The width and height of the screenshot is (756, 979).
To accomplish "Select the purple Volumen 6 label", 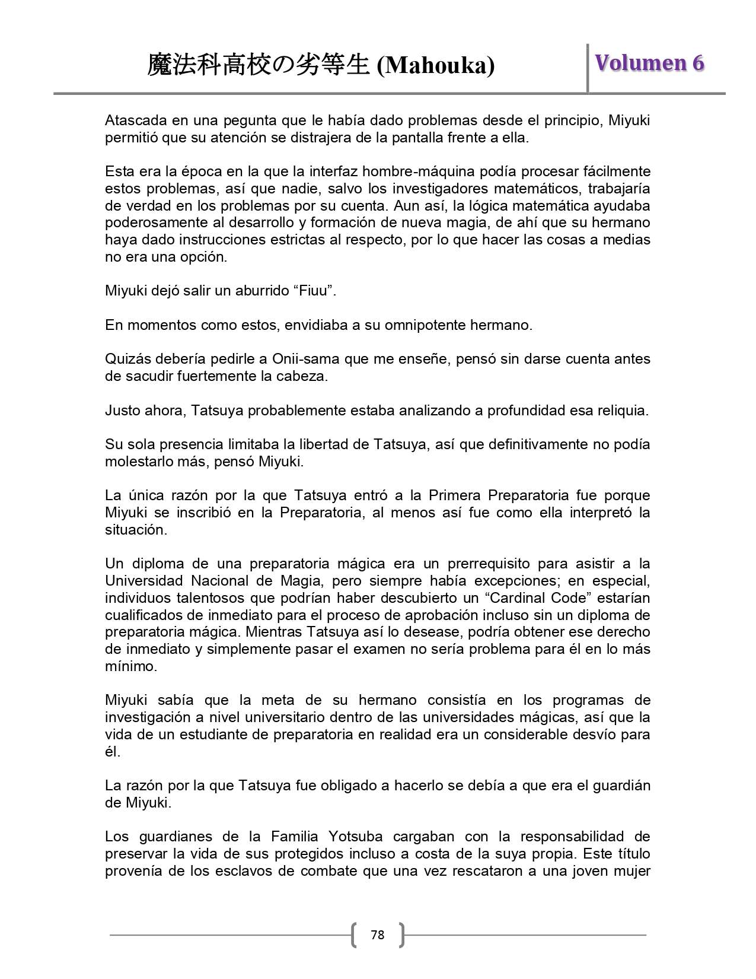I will [649, 63].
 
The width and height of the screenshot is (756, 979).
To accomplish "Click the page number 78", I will [377, 935].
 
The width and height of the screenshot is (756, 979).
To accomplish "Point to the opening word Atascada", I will [135, 120].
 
